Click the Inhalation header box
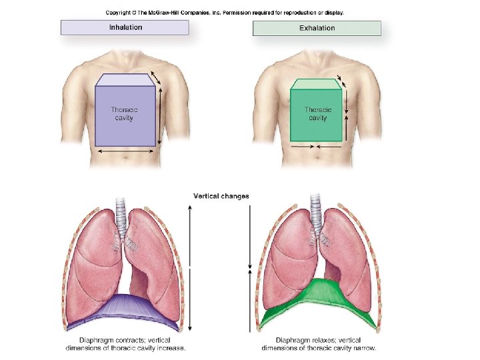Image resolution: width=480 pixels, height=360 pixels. [125, 27]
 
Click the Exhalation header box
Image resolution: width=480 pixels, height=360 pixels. [317, 28]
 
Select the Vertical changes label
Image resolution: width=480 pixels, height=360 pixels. [221, 196]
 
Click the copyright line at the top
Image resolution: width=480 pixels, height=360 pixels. [224, 13]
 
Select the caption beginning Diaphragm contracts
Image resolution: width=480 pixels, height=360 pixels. [127, 343]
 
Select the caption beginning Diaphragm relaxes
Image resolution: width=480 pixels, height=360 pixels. [319, 343]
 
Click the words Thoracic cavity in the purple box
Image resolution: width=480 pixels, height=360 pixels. [122, 113]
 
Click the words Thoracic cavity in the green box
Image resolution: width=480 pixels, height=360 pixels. [317, 113]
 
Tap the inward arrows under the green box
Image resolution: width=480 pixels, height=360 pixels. [317, 146]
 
